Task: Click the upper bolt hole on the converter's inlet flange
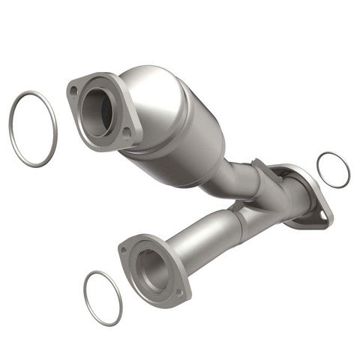pos(73,91)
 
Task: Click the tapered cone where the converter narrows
pos(214,157)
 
